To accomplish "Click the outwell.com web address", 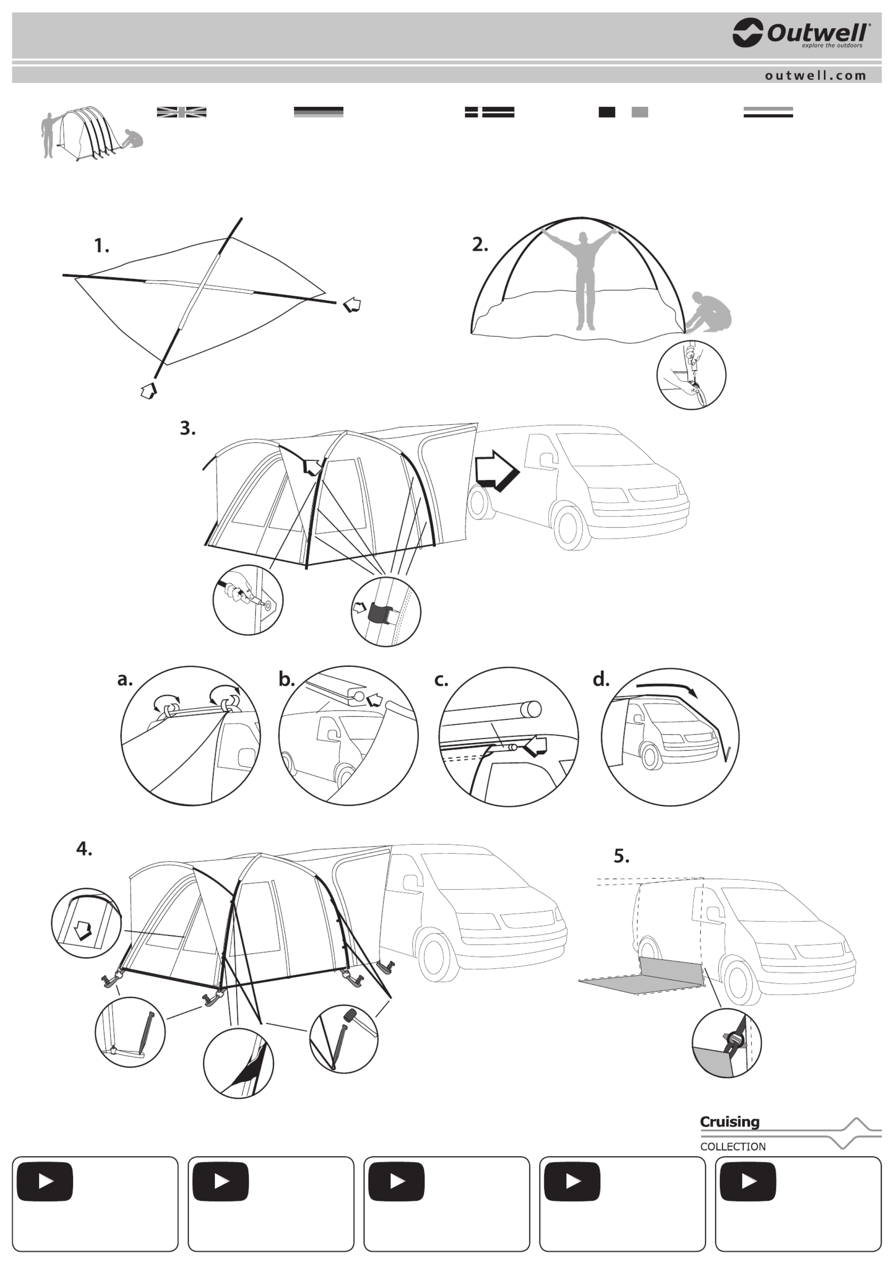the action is pos(816,75).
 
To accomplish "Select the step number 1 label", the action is pos(101,246).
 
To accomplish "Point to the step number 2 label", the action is pos(480,244).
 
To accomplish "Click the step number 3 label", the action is pos(188,428).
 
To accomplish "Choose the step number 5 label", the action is pos(621,856).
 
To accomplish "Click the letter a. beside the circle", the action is pos(125,679).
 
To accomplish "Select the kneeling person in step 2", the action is pos(711,311).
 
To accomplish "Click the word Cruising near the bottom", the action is pos(730,1122).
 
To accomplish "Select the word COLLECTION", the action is pos(733,1146).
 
